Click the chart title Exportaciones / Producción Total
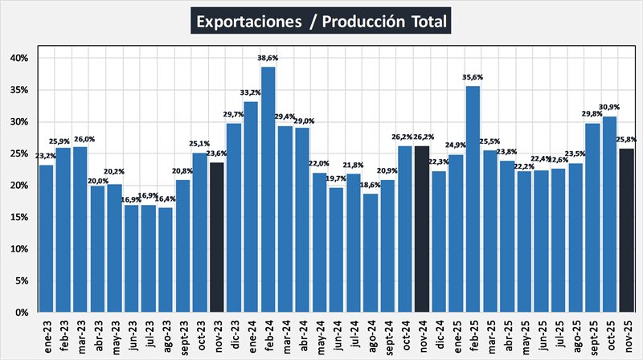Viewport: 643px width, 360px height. tap(321, 21)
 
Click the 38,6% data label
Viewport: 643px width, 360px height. tap(268, 59)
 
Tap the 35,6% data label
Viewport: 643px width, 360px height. tap(473, 78)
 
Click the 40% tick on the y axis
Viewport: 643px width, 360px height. tap(19, 59)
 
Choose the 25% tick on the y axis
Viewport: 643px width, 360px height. tap(19, 153)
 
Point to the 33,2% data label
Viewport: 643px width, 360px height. tap(252, 93)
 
